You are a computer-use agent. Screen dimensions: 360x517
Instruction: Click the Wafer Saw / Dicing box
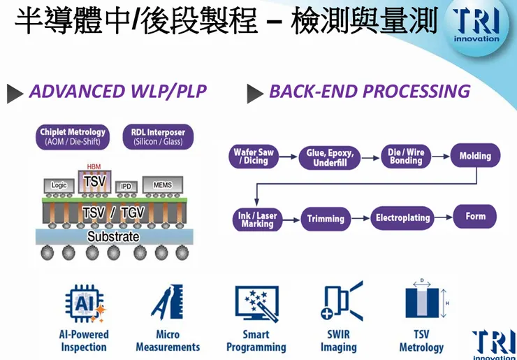254,156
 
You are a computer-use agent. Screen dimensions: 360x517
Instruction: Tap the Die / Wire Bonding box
406,156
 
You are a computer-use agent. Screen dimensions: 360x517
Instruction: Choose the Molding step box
475,156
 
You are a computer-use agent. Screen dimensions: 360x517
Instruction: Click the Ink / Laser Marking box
257,219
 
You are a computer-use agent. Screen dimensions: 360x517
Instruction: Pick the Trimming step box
326,219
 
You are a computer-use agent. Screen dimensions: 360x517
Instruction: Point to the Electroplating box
402,218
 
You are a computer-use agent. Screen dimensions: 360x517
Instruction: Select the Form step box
475,217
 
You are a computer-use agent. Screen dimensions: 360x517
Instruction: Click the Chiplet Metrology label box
73,136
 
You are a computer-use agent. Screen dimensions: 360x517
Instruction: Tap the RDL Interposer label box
158,136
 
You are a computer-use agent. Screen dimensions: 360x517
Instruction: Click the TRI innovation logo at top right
476,27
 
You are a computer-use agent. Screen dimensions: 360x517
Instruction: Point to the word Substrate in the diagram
112,237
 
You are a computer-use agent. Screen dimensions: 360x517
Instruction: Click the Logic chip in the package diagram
59,185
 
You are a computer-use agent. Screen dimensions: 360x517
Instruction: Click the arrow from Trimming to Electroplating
358,218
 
